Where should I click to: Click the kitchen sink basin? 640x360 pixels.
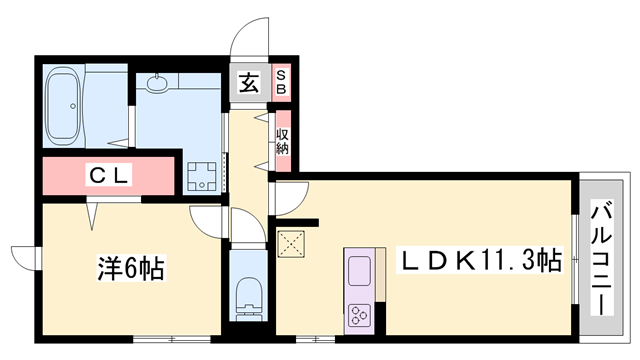359,270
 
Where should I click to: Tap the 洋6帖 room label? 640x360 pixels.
130,268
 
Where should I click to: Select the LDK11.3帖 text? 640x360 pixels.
481,262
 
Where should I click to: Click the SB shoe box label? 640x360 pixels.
281,83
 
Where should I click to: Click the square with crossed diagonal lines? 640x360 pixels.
292,243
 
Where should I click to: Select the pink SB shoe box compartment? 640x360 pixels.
281,83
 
